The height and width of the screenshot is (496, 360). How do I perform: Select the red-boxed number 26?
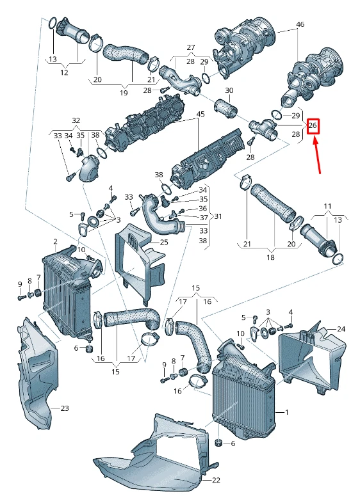[313, 125]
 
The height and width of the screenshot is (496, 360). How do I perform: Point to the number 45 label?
[200, 115]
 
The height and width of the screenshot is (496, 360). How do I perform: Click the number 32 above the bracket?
[76, 120]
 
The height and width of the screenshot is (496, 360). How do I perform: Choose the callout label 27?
[190, 48]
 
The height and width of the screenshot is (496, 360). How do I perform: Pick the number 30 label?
[229, 90]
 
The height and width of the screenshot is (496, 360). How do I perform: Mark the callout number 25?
[163, 243]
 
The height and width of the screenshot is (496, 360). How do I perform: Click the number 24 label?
[341, 329]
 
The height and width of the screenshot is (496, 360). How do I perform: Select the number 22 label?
[216, 479]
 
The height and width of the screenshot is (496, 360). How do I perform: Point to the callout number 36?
[202, 208]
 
